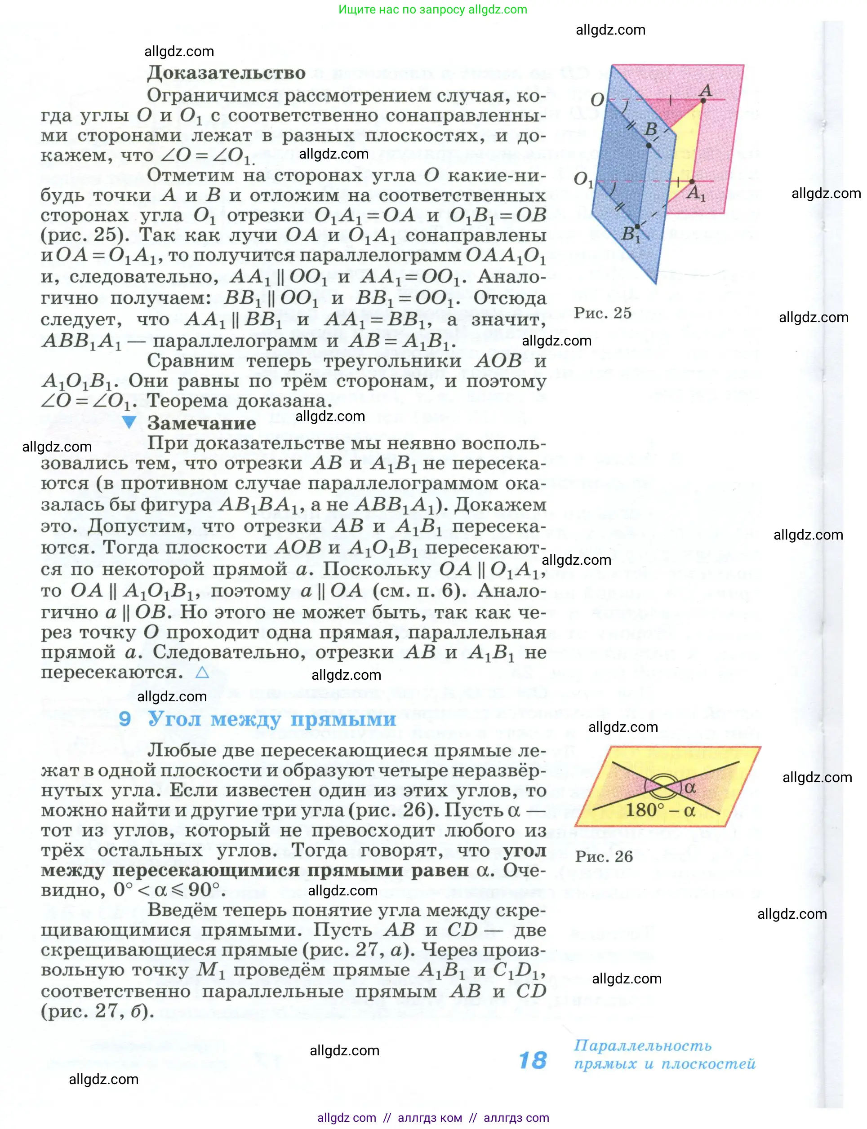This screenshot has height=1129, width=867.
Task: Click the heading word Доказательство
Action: (226, 73)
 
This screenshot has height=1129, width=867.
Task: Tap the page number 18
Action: (533, 1060)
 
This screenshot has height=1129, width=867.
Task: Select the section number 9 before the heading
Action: (124, 718)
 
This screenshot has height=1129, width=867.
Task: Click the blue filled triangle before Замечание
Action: (129, 422)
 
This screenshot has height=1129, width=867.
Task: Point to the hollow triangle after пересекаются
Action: (202, 673)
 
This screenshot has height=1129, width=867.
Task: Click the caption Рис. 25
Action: (602, 313)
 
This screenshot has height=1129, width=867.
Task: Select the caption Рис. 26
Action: (604, 856)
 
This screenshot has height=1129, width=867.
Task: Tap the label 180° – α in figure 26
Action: (660, 810)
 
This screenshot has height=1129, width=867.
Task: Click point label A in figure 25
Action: (706, 91)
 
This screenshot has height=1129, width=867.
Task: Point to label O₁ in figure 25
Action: (583, 180)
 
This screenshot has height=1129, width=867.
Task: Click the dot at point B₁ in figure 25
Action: (637, 226)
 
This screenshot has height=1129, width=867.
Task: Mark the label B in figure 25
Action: (651, 129)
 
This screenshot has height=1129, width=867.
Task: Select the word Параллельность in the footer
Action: (643, 1045)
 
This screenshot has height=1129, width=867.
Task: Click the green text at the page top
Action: (432, 9)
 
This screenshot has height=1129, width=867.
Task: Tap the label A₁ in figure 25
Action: (695, 194)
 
